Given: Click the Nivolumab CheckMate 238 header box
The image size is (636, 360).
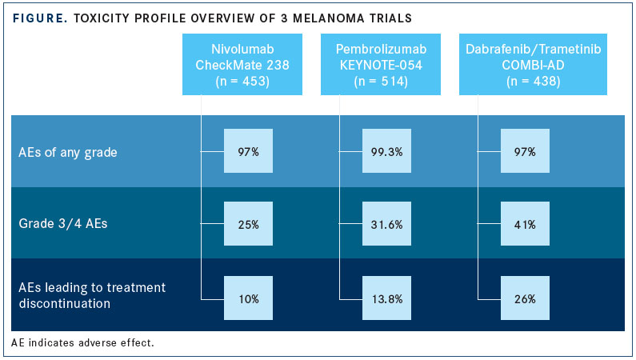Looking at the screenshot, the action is (242, 65).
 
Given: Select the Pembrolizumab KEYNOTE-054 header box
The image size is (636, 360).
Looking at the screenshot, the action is (381, 65).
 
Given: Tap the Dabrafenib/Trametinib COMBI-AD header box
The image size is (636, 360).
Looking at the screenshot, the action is (533, 65).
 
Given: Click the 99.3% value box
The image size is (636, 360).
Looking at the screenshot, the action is (386, 151).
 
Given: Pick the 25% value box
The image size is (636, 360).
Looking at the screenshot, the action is (248, 224).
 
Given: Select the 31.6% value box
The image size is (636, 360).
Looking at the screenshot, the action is (386, 224).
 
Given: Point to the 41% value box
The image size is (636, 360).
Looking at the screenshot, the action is (525, 224).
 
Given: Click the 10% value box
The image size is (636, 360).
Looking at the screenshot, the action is (248, 298).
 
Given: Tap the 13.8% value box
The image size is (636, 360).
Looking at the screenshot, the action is (386, 298).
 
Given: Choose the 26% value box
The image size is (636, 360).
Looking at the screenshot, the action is (525, 298).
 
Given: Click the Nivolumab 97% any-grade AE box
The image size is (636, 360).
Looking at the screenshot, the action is (248, 151).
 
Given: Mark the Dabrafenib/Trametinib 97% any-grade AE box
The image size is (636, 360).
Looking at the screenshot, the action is (525, 151).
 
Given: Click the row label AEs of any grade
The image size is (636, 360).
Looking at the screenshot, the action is (68, 153).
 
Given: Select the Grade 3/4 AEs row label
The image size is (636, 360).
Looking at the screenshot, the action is (63, 224).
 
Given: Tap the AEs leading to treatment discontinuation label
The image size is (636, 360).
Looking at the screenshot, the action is (92, 295).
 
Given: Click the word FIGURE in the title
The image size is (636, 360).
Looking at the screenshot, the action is (40, 18).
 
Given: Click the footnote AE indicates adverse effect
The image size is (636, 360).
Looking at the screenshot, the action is (82, 342).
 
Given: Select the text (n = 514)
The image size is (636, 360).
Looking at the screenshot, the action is (381, 81).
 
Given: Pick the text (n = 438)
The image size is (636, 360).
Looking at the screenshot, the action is (533, 81).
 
